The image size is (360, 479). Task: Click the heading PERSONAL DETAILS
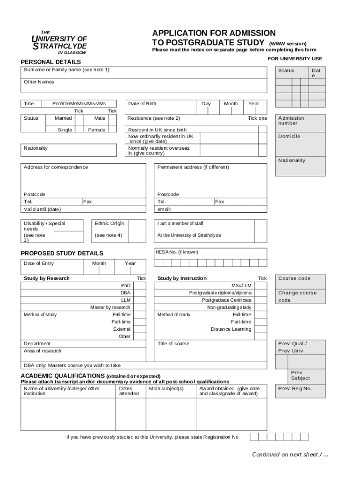tap(51, 62)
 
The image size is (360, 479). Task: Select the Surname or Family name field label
tap(66, 70)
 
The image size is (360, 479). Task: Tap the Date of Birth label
tap(142, 103)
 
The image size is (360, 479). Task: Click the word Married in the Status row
tap(63, 118)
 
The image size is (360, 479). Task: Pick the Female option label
tap(97, 130)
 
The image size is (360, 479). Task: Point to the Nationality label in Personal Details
tap(36, 148)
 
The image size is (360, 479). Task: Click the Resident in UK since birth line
tap(157, 130)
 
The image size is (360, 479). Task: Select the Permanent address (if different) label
tap(193, 167)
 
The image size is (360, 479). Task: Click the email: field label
tap(164, 209)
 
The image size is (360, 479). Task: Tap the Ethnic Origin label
tap(109, 224)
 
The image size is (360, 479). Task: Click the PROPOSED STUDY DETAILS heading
tap(62, 253)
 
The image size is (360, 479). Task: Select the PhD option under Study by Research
tap(126, 285)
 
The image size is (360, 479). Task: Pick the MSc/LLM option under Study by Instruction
tap(241, 285)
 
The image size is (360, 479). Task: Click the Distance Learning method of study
tap(231, 329)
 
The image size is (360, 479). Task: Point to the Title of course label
tap(173, 343)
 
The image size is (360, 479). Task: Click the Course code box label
tap(294, 278)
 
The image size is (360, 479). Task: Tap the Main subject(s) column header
tap(166, 388)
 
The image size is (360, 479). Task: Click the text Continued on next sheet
tap(290, 454)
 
